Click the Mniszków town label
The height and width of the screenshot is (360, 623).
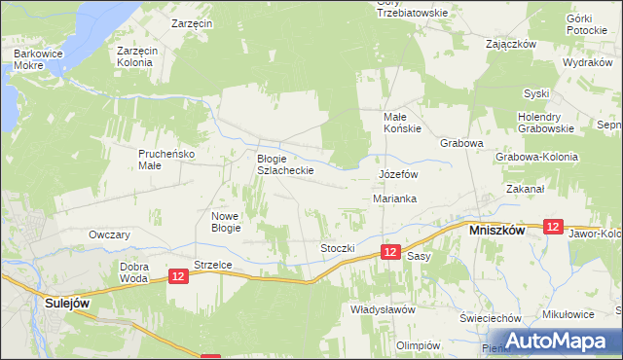click(497, 232)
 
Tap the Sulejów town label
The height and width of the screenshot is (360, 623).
click(68, 303)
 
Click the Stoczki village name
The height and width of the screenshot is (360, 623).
click(337, 248)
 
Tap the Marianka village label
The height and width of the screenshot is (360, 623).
click(395, 198)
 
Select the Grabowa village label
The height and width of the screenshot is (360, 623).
click(461, 142)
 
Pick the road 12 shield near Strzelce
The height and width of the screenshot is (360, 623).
click(177, 276)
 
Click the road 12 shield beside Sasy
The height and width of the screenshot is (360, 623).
click(389, 252)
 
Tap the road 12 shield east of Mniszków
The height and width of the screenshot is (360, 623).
click(553, 227)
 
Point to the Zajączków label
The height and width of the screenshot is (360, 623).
click(512, 44)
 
